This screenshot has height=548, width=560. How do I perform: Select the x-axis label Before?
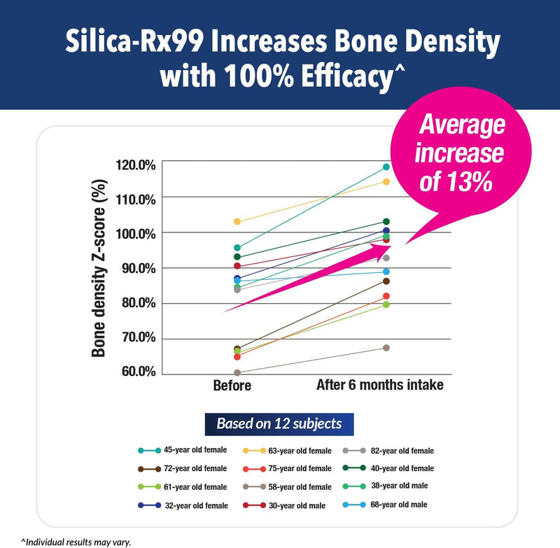pyautogui.click(x=232, y=386)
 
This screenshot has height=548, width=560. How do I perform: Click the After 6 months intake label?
pyautogui.click(x=379, y=386)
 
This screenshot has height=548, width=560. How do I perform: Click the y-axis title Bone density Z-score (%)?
pyautogui.click(x=99, y=268)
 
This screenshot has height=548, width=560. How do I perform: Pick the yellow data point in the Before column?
pyautogui.click(x=237, y=222)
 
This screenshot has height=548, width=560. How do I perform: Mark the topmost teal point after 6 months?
pyautogui.click(x=386, y=167)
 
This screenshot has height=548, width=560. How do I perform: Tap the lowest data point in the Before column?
pyautogui.click(x=237, y=372)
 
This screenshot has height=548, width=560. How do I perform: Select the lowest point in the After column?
pyautogui.click(x=386, y=348)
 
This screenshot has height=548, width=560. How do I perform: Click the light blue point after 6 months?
pyautogui.click(x=386, y=272)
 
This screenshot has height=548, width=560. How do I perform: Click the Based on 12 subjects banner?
pyautogui.click(x=279, y=423)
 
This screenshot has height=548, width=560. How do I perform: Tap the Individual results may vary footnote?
pyautogui.click(x=76, y=541)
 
